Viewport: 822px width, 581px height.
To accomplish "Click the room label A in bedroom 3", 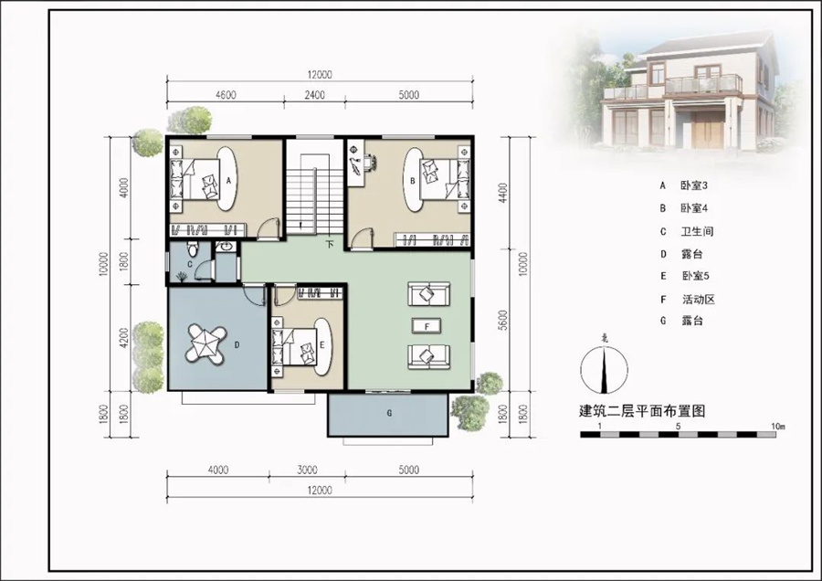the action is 228,180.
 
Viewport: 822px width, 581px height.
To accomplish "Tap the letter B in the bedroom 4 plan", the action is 413,181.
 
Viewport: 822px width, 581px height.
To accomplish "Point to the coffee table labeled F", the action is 427,326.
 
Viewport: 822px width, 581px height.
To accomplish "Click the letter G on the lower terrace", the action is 389,413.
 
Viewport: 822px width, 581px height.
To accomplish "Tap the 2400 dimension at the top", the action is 314,95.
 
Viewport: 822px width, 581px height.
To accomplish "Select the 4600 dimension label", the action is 226,95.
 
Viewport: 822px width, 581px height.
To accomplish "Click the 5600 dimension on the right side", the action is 503,321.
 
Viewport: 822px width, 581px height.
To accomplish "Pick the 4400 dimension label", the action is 503,193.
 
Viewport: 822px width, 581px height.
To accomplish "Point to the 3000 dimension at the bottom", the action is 307,470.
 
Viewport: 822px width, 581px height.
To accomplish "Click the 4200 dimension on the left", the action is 123,338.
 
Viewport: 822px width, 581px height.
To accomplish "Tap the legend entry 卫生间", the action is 697,231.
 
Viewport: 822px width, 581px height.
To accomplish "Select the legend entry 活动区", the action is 699,300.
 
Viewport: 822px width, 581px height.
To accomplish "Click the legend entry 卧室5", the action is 696,276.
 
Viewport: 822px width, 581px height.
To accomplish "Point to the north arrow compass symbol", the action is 605,369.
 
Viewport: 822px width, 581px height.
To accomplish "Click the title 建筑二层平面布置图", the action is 642,410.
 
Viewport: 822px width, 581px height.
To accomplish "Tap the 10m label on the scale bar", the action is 778,427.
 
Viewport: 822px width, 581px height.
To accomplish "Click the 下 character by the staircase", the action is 330,244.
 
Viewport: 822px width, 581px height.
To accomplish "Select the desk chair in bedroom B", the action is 370,162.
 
